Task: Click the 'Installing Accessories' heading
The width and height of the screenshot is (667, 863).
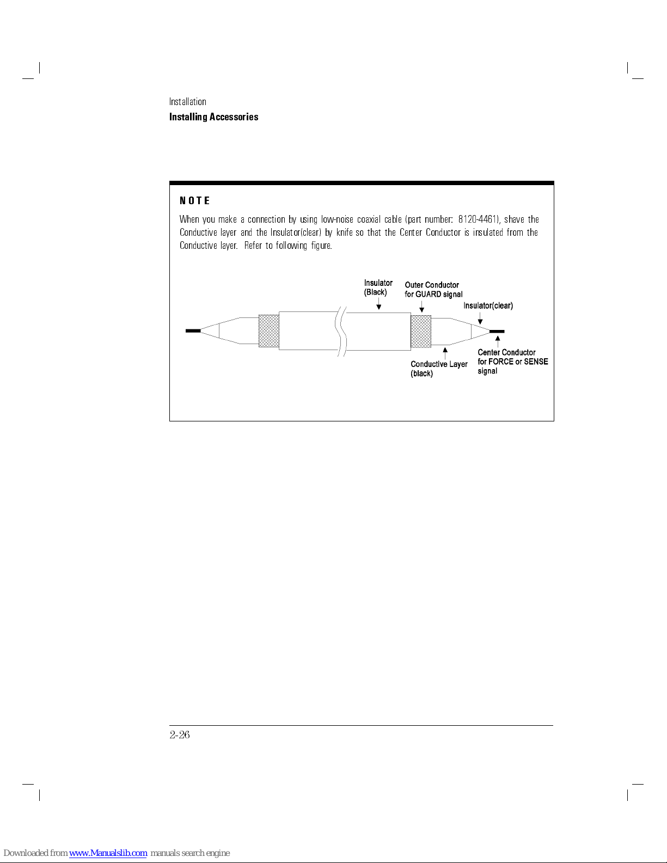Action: point(213,117)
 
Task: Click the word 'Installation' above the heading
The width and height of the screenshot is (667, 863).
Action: point(187,102)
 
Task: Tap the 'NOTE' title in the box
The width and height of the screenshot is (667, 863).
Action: point(194,201)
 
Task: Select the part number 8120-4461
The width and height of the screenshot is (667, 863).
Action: point(478,219)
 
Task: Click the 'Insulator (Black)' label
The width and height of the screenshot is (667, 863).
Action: point(378,287)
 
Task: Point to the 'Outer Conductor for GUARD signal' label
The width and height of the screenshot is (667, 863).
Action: point(433,290)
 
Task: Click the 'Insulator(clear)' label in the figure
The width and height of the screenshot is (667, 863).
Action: point(488,306)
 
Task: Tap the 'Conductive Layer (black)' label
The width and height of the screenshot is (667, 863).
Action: point(438,369)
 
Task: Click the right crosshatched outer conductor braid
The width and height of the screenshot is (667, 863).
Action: point(421,331)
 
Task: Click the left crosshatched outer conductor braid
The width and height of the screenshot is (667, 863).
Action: point(268,330)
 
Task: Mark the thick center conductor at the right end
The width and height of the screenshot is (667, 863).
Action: point(497,331)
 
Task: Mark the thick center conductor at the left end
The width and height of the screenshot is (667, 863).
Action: point(193,330)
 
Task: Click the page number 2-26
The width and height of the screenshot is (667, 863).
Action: point(180,735)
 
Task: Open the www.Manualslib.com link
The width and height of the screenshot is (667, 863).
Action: point(108,853)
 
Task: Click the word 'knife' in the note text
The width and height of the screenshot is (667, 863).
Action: point(344,232)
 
